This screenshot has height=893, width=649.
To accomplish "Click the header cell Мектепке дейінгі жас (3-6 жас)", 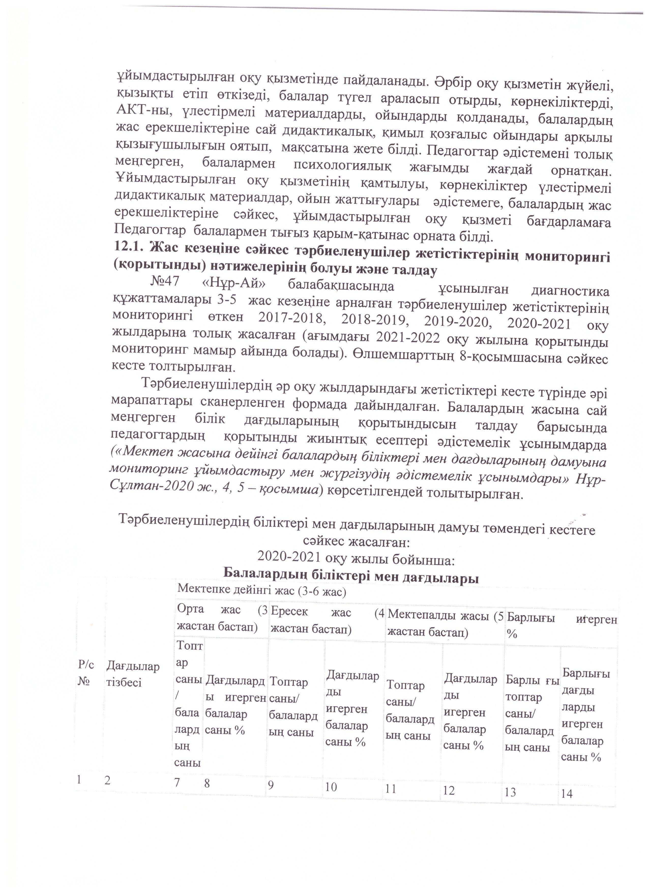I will [261, 590].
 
